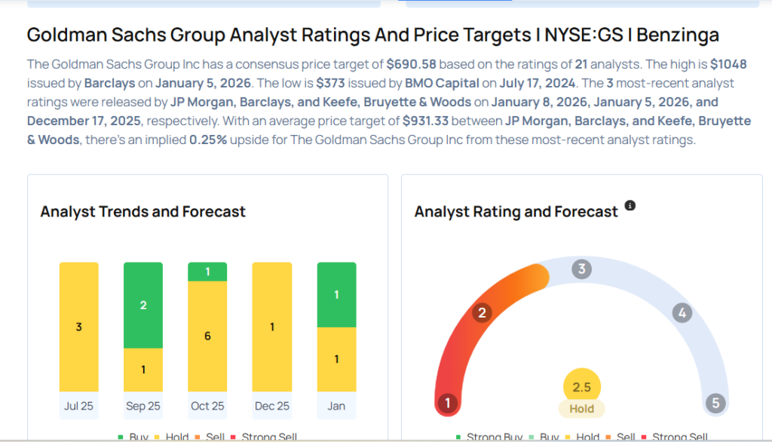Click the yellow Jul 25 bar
tap(79, 327)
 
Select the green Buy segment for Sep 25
tap(143, 305)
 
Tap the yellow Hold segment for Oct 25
tap(207, 336)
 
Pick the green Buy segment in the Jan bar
tap(336, 295)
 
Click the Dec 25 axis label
tap(271, 406)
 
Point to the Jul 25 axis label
tap(79, 406)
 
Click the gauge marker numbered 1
tap(447, 403)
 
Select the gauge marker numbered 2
tap(482, 313)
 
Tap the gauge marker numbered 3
tap(581, 269)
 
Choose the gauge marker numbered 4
tap(682, 313)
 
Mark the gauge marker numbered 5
tap(715, 403)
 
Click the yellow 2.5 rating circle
tap(581, 387)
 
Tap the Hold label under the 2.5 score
tap(581, 409)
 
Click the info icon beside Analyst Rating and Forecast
tap(630, 205)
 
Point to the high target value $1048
tap(728, 65)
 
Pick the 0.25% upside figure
tap(210, 140)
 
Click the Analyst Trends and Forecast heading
tap(143, 212)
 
